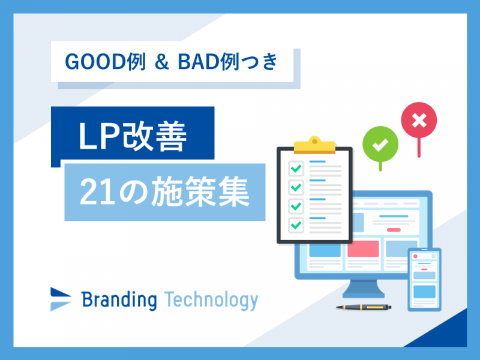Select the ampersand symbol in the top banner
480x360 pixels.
(161, 62)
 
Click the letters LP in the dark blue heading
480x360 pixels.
(99, 136)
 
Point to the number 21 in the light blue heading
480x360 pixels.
(97, 191)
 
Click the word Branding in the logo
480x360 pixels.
(119, 300)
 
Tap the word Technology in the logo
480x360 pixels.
(211, 301)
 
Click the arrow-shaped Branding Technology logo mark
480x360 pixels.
(61, 299)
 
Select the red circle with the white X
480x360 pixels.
(419, 120)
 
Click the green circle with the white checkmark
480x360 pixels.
(380, 144)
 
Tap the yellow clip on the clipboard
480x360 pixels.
(314, 145)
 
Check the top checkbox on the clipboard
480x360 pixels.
(296, 169)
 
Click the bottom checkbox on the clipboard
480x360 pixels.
(296, 225)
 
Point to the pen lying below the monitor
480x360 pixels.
(364, 307)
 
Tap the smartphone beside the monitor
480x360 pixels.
(424, 280)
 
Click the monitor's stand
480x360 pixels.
(364, 289)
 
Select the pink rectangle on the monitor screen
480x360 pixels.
(363, 248)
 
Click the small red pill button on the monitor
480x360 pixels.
(394, 230)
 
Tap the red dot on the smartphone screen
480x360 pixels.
(415, 256)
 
